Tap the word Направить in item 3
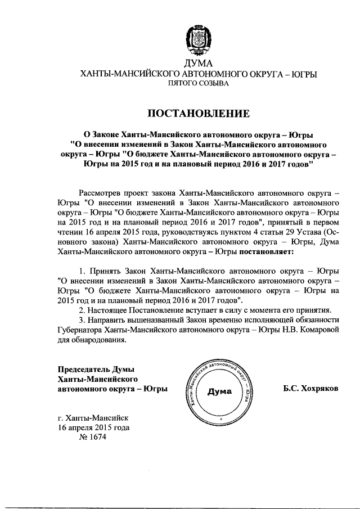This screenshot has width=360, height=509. pos(110,320)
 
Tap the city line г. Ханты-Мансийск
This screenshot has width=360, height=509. pos(93,418)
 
